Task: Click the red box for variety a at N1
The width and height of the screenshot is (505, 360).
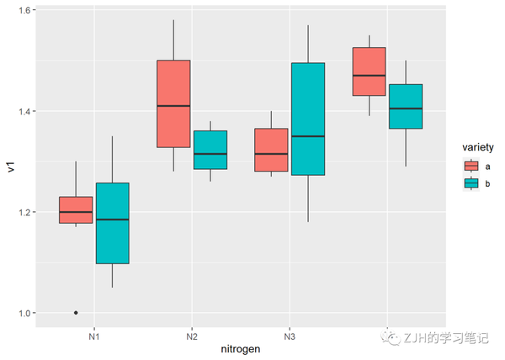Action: point(76,209)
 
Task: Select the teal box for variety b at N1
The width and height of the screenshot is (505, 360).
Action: point(112,223)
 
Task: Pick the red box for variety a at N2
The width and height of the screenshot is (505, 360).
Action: point(173,103)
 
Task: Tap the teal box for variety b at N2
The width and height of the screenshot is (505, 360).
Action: point(210,150)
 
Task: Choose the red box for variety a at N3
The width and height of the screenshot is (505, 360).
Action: point(271,150)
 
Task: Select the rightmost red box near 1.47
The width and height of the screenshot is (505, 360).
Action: point(369,71)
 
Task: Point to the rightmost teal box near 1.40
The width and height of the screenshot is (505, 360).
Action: point(405,106)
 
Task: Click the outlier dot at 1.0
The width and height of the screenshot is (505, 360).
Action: point(76,313)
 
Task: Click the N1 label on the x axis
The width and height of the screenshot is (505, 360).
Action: point(93,335)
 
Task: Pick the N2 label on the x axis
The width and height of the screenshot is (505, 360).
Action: point(191,335)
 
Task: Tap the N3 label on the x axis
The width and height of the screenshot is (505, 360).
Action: point(289,335)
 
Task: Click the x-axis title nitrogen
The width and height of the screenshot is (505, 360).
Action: point(240,348)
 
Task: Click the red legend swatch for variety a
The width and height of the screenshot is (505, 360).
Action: point(470,167)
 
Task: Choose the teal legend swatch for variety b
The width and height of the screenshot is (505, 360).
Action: point(470,182)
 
